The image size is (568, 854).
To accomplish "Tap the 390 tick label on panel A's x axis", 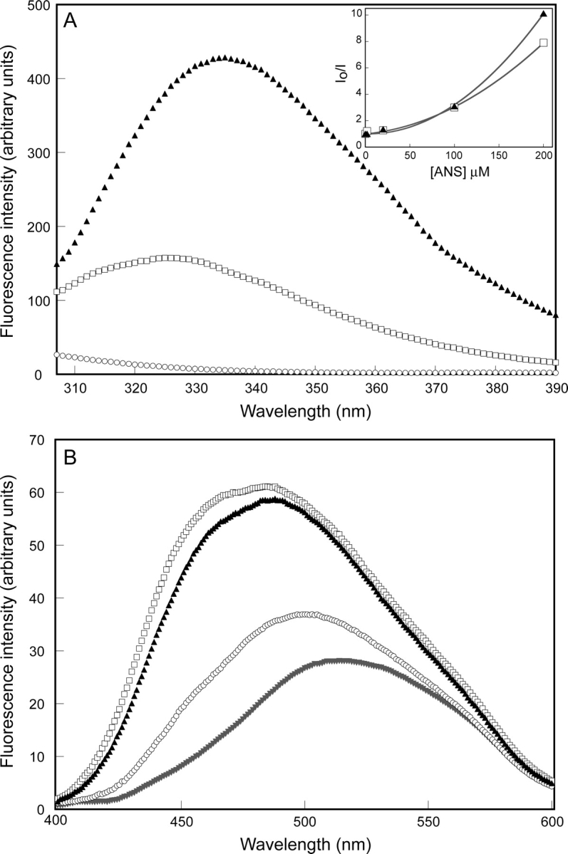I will (554, 389).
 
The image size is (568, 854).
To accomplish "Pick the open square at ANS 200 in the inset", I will (544, 43).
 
